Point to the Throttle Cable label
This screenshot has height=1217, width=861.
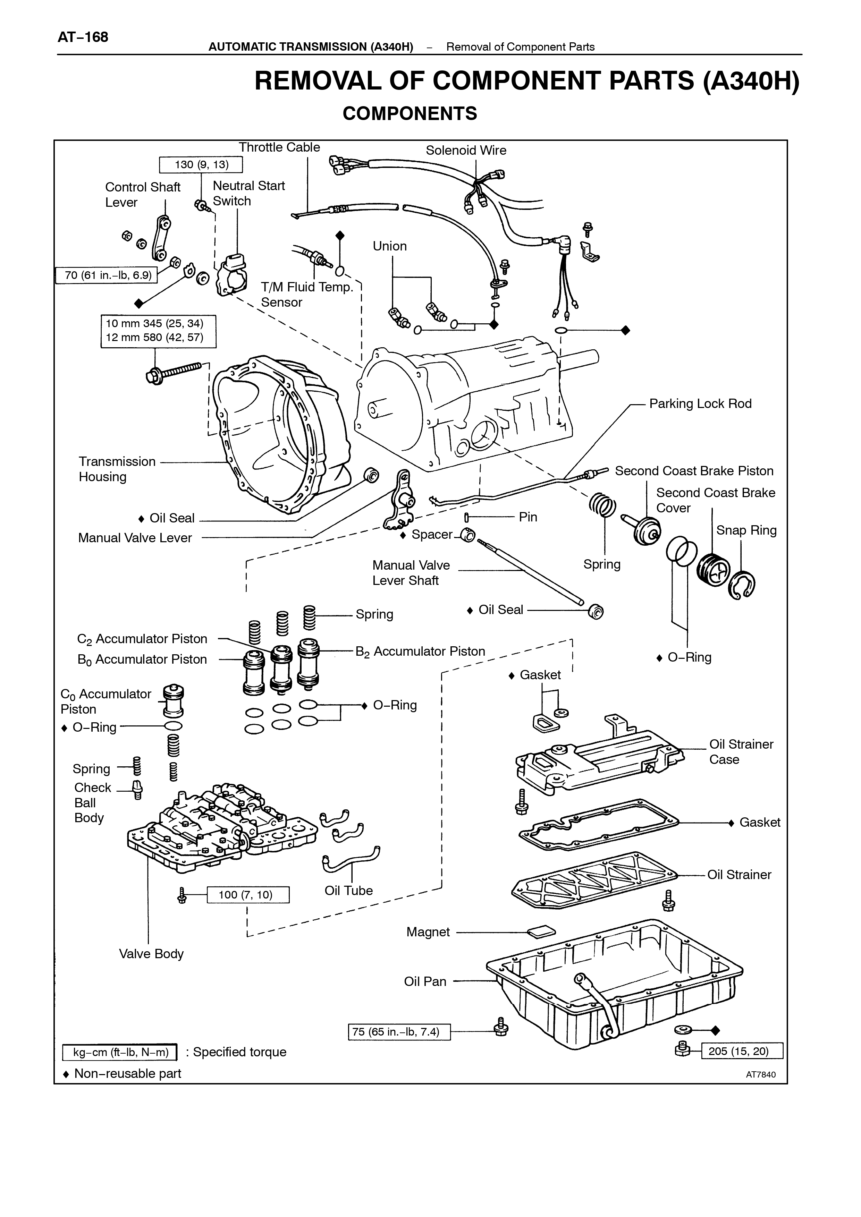pos(279,147)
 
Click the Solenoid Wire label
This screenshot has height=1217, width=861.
pos(466,151)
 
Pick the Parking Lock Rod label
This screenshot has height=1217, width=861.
pos(700,404)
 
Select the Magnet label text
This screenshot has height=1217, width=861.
pos(428,932)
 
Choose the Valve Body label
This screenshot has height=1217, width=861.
pos(151,954)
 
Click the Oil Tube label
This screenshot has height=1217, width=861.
pos(348,891)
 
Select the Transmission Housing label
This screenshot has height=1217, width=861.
pos(117,469)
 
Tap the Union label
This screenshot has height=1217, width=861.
pos(390,246)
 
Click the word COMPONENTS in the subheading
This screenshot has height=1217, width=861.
pos(410,113)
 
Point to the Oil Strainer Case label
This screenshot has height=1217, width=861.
pos(741,752)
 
